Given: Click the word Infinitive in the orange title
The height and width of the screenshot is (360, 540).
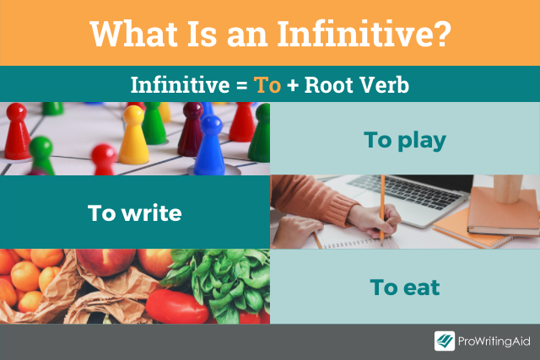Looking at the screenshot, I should pyautogui.click(x=367, y=34).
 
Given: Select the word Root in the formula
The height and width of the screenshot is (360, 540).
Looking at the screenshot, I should pyautogui.click(x=329, y=86).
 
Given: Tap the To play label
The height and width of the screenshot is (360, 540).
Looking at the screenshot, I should pyautogui.click(x=404, y=140).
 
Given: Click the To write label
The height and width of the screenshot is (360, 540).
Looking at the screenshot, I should pyautogui.click(x=134, y=212).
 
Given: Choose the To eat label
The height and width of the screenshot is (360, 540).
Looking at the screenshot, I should pyautogui.click(x=404, y=287).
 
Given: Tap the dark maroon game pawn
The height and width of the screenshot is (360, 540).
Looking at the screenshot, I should pyautogui.click(x=192, y=126).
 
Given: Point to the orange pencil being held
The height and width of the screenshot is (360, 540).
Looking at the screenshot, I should pyautogui.click(x=382, y=207).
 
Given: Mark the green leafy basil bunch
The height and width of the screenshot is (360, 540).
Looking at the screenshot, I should pyautogui.click(x=223, y=278).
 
